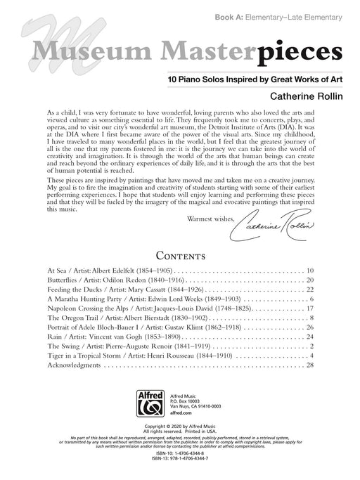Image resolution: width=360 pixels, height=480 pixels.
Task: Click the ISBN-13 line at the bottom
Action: coord(179,471)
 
